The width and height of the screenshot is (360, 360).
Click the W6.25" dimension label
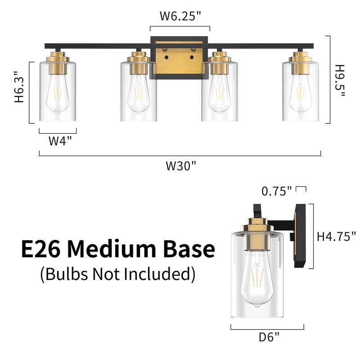(180, 16)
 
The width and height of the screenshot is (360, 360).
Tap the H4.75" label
(337, 236)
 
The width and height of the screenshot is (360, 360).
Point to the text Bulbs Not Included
(118, 274)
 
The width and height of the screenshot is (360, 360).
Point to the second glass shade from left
(139, 92)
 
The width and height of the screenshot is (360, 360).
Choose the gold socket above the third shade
(219, 63)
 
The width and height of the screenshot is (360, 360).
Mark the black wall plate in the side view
(300, 236)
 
